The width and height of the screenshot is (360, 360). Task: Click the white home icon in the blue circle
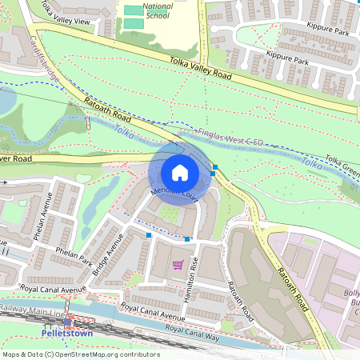180,173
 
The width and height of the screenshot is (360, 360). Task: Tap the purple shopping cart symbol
178,264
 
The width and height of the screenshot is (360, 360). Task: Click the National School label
157,10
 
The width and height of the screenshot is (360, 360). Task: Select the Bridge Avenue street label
106,255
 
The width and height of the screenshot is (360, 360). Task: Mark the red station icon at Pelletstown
70,320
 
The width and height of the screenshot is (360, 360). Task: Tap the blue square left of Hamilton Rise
187,238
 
